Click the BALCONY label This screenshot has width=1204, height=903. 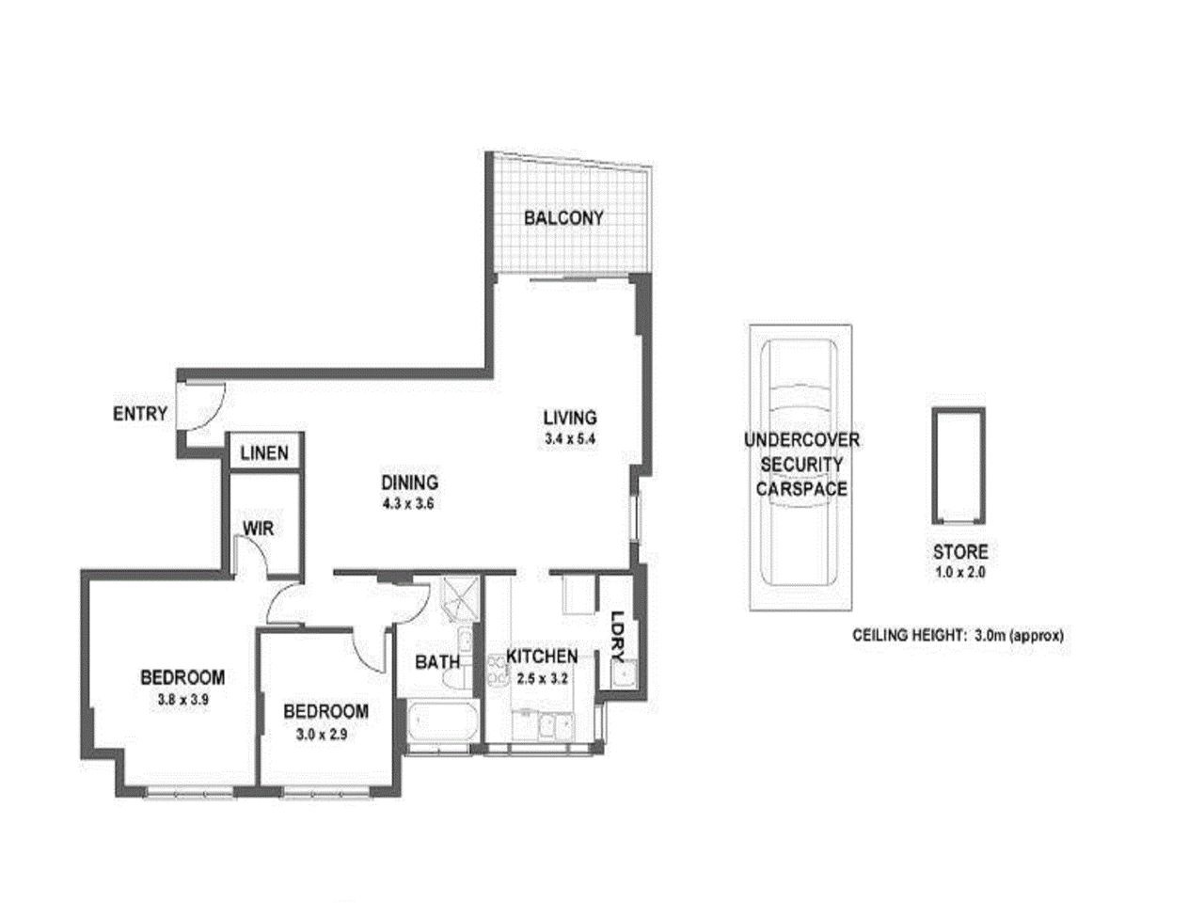pos(563,218)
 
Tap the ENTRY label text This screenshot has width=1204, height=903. pos(140,413)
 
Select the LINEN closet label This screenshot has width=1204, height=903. pos(264,453)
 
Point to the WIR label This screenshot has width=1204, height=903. pos(259,529)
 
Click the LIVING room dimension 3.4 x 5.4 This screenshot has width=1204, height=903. pos(570,439)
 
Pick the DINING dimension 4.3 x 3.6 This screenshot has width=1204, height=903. pos(410,503)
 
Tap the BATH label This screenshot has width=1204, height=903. pos(437,662)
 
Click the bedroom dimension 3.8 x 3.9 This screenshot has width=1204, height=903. pos(182,699)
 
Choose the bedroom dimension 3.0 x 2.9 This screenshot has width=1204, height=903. pos(325,735)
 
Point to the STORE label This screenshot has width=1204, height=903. pos(959,552)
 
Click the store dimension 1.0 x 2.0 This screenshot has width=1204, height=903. pos(959,571)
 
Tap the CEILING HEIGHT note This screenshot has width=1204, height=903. pos(958,635)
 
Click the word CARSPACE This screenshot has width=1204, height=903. pos(801,489)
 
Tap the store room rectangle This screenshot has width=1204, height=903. pos(958,466)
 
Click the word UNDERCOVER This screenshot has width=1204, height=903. pos(801,439)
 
